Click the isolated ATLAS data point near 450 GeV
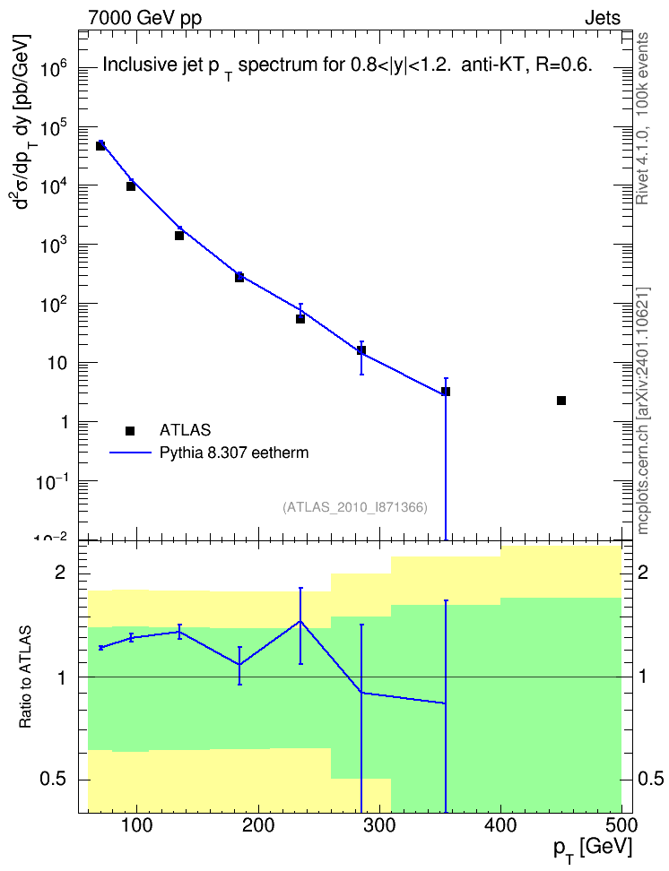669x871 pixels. point(561,401)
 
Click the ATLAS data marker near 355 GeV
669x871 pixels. point(446,392)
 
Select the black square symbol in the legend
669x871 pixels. point(130,430)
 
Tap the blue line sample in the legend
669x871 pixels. point(130,453)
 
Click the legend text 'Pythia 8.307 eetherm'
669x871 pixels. point(233,453)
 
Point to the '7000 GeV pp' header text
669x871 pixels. point(144,18)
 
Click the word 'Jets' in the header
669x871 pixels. point(603,18)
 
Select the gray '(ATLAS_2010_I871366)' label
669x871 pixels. point(355,507)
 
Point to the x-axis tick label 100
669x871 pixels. point(137,825)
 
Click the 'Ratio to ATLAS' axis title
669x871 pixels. point(25,677)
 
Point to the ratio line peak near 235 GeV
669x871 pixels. point(300,621)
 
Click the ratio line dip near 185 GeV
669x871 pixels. point(239,664)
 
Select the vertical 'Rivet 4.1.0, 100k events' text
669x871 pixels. point(642,118)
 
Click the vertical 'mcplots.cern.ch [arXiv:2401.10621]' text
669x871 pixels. point(643,410)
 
